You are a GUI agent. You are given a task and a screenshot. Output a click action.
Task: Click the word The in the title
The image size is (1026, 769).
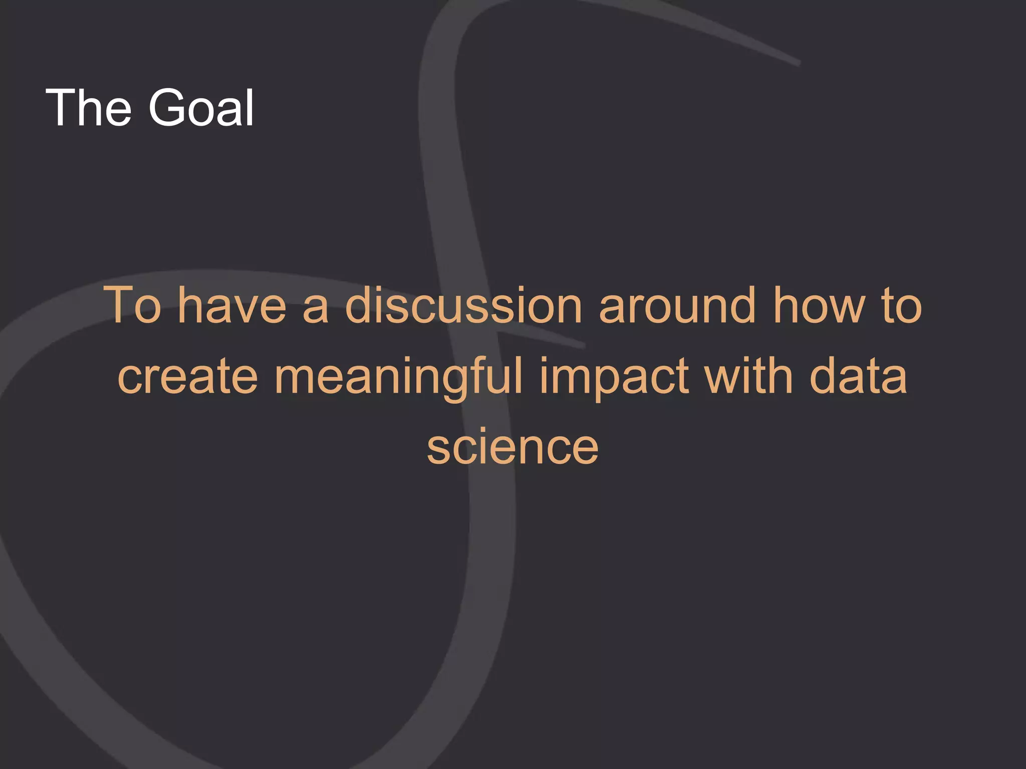[88, 107]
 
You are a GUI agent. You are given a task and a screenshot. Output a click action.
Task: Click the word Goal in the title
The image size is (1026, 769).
[201, 107]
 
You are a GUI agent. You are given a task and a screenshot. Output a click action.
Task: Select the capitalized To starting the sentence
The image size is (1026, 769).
[133, 305]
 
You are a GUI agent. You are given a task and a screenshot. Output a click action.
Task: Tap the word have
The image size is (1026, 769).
[232, 305]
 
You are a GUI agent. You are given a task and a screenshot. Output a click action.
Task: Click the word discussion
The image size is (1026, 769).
[464, 305]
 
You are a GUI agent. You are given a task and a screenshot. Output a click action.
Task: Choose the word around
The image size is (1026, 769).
[677, 305]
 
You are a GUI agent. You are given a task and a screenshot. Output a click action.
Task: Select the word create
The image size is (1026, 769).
[187, 376]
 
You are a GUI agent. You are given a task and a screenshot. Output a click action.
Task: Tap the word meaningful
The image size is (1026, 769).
[398, 376]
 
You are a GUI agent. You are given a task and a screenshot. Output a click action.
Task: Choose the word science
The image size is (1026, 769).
[512, 447]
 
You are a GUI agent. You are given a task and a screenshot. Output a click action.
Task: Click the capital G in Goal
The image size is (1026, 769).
[168, 107]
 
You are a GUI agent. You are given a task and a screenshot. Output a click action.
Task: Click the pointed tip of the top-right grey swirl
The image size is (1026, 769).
[799, 63]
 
